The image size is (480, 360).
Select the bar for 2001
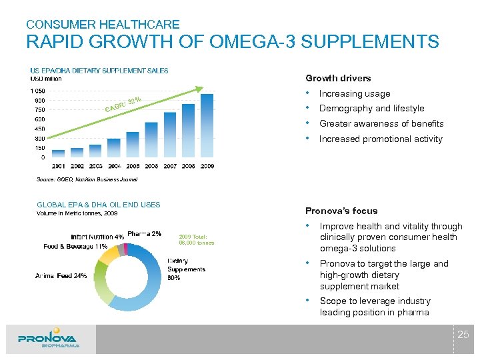(59, 153)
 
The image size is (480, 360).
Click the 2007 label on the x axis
(170, 165)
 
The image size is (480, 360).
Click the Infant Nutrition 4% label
(97, 237)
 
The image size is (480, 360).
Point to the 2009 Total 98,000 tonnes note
(197, 239)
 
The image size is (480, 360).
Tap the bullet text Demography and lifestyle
(371, 109)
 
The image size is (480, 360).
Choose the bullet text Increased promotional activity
(381, 139)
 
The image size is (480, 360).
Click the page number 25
(463, 333)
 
